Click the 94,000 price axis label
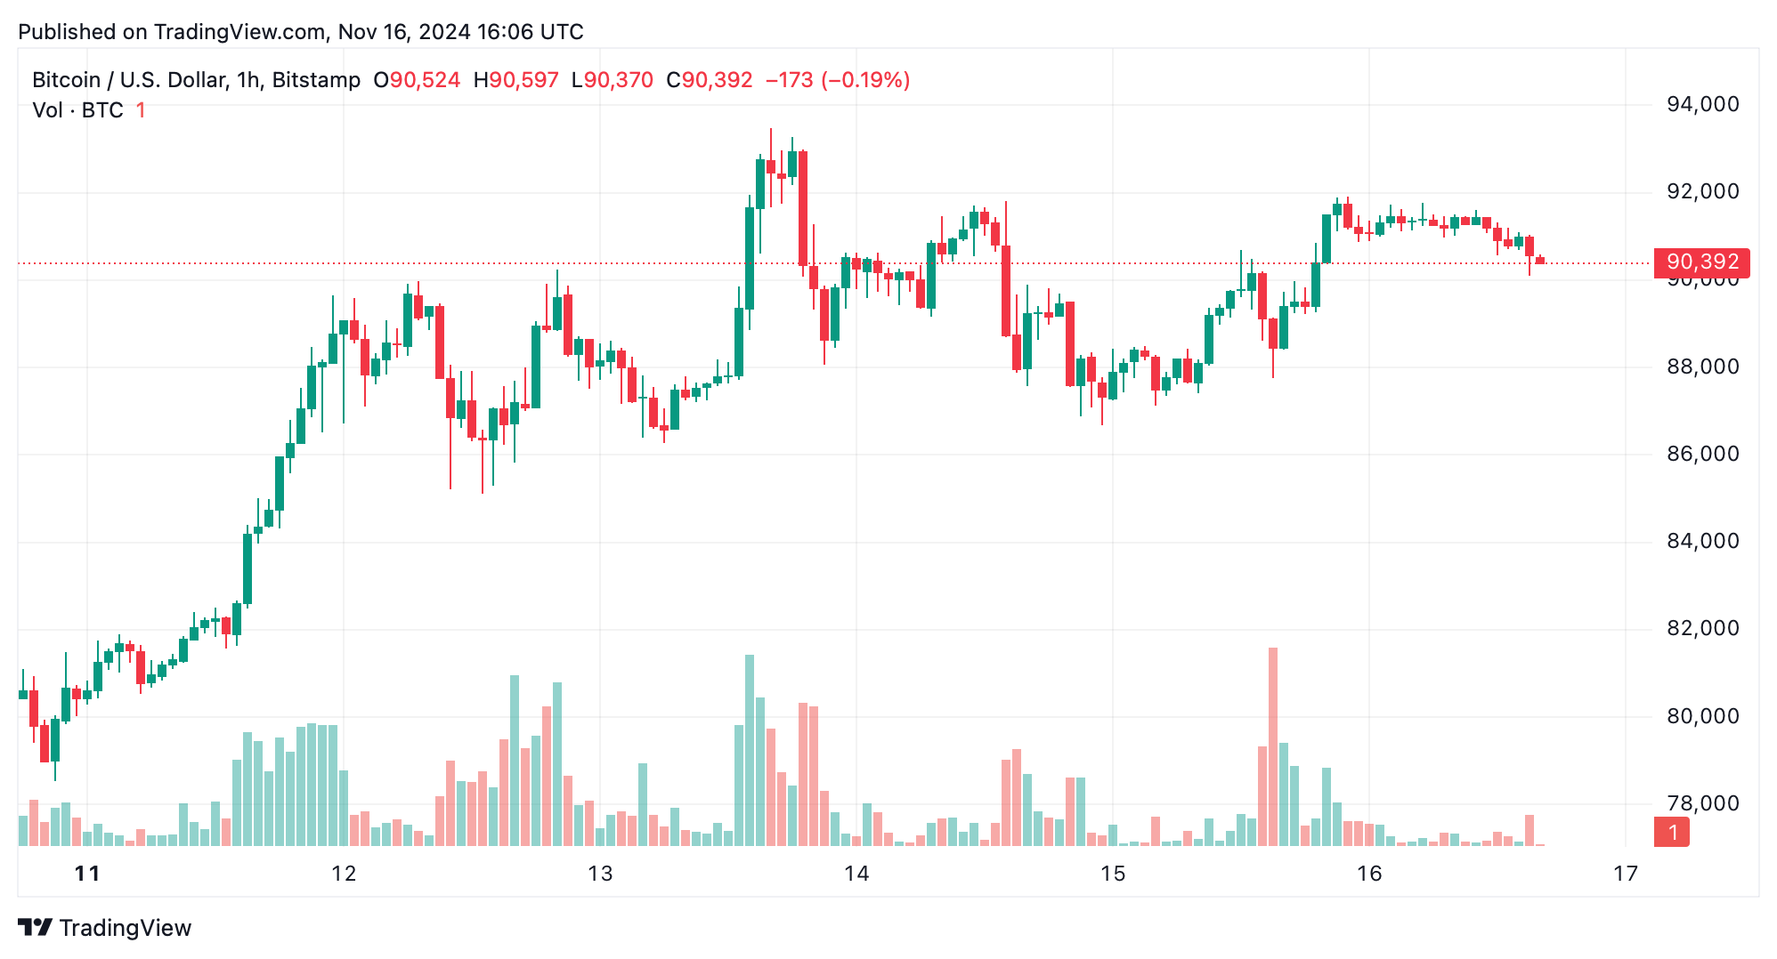point(1702,105)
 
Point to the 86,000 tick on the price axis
point(1702,455)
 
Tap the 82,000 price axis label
point(1702,629)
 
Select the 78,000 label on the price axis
point(1702,804)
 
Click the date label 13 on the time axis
point(600,874)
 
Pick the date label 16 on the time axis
point(1369,874)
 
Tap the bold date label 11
point(87,874)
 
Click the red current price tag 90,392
point(1702,262)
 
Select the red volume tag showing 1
point(1672,833)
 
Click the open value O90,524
point(417,80)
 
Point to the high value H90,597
point(515,80)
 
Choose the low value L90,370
point(613,80)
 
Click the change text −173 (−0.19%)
point(837,80)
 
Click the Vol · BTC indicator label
point(78,110)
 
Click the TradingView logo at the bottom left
point(105,928)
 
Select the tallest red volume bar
point(1273,747)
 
